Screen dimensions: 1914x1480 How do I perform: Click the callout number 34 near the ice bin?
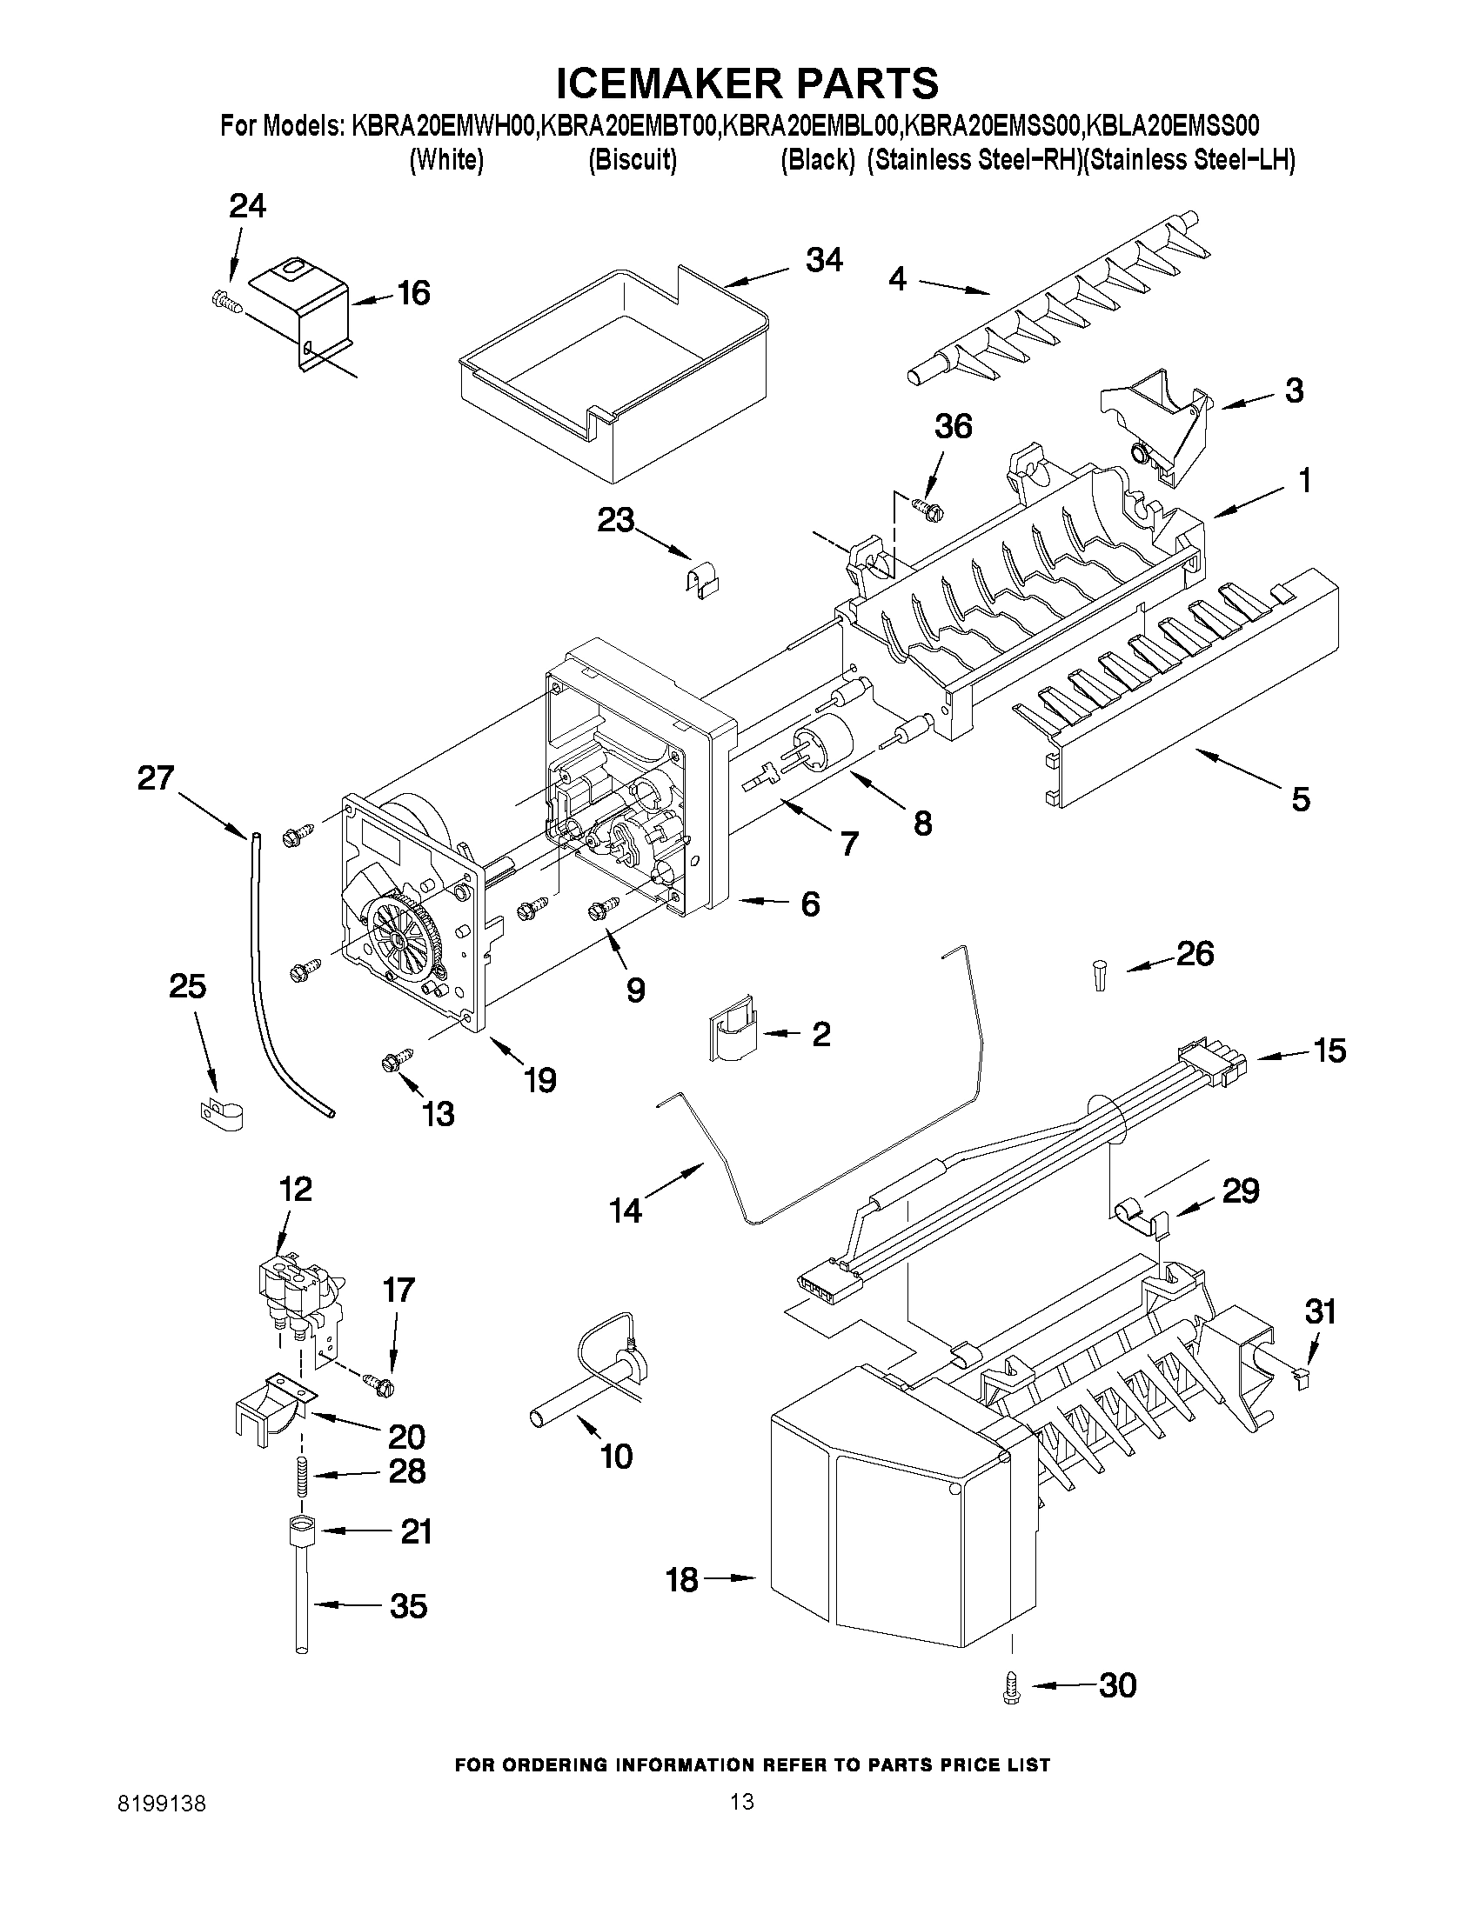[x=824, y=260]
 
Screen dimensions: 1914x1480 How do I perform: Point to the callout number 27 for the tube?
[x=155, y=777]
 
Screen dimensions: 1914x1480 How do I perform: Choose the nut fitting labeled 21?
[x=301, y=1531]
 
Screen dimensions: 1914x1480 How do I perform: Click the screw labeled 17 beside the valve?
[x=378, y=1383]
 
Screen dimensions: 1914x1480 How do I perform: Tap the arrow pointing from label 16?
[x=371, y=301]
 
